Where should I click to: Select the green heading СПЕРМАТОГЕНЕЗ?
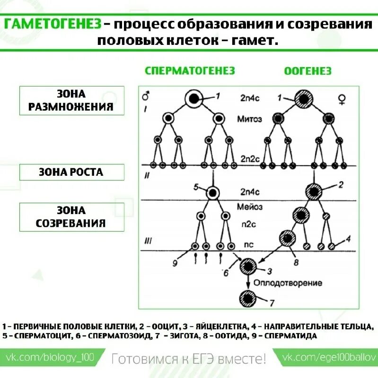tap(190, 71)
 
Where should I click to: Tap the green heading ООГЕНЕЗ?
tap(308, 71)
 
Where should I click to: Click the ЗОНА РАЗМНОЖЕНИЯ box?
tap(71, 100)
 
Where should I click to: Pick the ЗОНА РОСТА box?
tap(71, 172)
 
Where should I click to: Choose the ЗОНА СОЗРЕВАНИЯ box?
tap(71, 217)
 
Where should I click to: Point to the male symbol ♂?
tap(146, 96)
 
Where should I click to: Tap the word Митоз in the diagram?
tap(249, 119)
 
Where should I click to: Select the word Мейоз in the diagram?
tap(250, 206)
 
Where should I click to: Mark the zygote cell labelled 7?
tap(248, 299)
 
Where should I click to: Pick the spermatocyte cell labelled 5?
tap(213, 192)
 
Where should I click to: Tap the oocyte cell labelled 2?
tap(313, 191)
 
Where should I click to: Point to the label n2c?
tap(250, 226)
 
